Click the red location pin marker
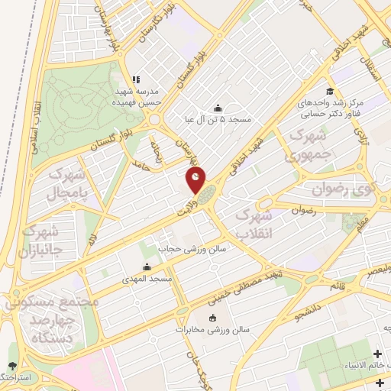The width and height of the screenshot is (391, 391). tap(195, 180)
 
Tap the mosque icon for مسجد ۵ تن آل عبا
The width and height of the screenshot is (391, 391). tap(218, 108)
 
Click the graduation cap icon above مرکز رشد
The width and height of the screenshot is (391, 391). tap(330, 91)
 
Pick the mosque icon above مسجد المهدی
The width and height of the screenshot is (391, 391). tap(147, 267)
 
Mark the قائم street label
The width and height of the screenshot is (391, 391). tap(335, 285)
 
